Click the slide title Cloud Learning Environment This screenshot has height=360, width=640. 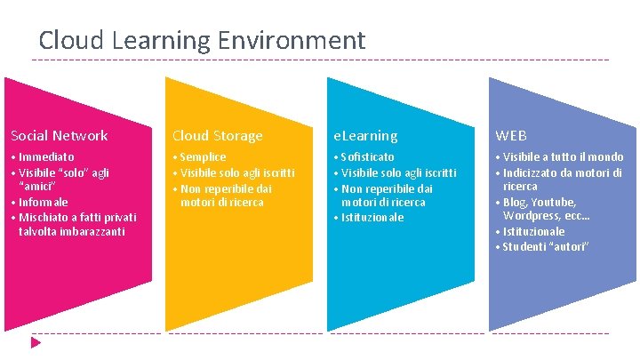coord(202,40)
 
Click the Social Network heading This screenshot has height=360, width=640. coord(59,136)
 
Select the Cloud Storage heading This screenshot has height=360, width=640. coord(217,136)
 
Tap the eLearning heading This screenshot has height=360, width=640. coord(365,136)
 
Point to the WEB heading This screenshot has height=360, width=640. coord(511,136)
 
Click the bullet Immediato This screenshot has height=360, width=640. coord(45,157)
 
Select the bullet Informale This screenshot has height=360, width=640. coord(42,202)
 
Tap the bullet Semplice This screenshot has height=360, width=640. coord(203,157)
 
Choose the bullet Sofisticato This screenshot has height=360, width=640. coord(367,157)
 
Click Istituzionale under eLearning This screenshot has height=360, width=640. coord(372,217)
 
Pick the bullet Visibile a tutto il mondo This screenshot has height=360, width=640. coord(563,157)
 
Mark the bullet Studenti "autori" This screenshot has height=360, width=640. coord(546,246)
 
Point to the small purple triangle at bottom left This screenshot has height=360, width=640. coord(36,341)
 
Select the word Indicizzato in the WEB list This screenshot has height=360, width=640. coord(535,172)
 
